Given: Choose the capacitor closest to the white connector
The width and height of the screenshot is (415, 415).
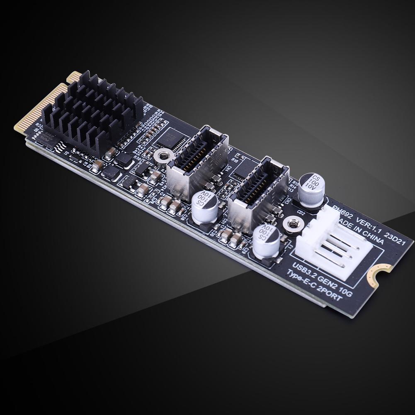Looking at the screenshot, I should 267,240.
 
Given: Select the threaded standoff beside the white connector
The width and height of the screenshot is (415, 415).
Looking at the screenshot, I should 291,224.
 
